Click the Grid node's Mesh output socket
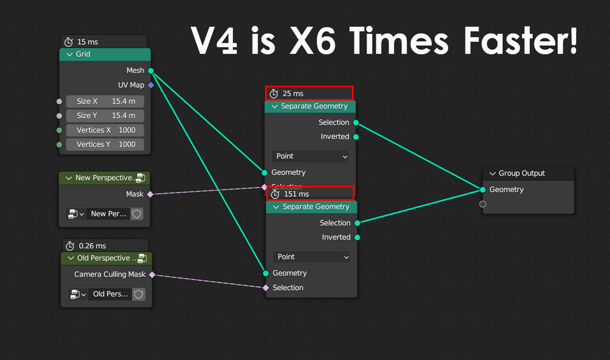[151, 71]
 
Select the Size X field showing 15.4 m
[105, 101]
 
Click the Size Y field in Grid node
[105, 115]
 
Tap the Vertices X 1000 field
[105, 130]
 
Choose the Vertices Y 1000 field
[105, 144]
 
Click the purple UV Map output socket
[151, 86]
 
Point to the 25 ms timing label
[293, 93]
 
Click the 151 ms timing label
[296, 194]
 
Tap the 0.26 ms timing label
[92, 246]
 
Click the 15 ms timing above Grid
[87, 42]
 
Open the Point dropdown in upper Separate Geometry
[310, 156]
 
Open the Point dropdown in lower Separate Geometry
[311, 257]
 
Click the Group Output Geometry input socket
[483, 189]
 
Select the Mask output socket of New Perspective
[150, 194]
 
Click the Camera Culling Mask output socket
[152, 274]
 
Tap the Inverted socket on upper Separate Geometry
[356, 137]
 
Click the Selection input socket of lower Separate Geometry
[266, 288]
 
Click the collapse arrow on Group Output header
[492, 174]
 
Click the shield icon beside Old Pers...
[139, 294]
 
